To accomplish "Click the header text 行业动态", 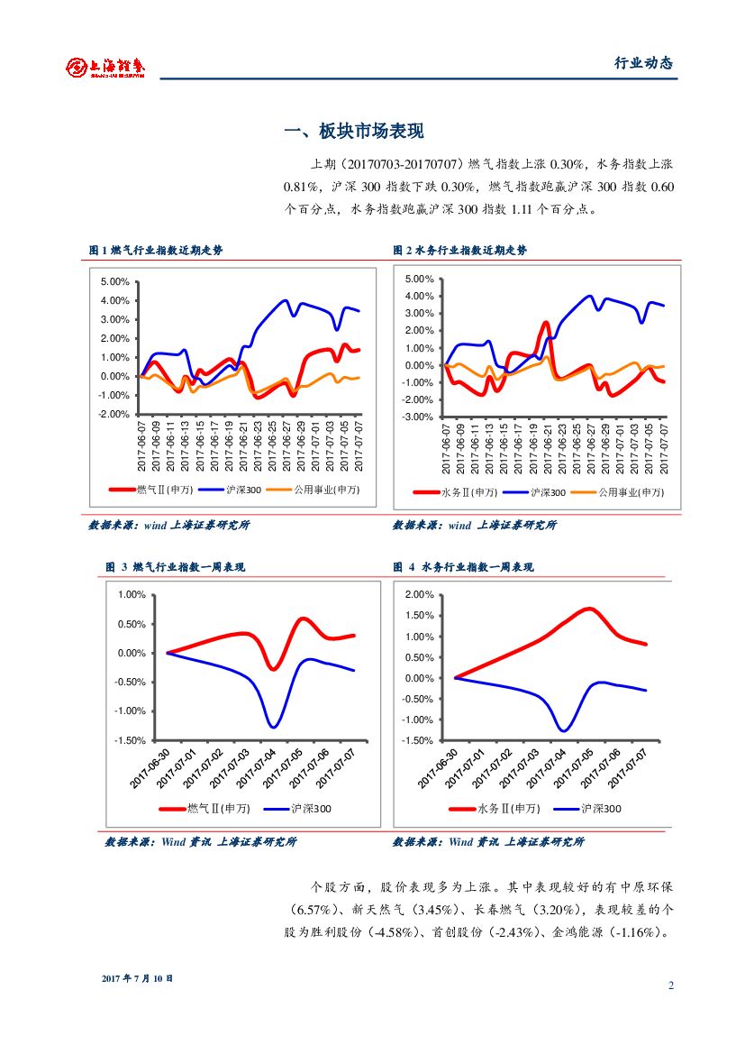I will [643, 63].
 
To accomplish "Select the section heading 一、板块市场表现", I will [354, 132].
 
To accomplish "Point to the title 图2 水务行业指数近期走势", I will [460, 251].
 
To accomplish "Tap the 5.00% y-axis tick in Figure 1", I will [115, 281].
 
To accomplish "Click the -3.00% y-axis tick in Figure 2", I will [420, 417].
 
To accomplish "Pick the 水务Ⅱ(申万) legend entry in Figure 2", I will [468, 492].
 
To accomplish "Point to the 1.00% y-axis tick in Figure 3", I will [132, 595].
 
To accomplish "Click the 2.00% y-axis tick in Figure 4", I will [420, 595].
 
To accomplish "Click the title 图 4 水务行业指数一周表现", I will [463, 567].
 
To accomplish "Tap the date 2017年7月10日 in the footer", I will [137, 978].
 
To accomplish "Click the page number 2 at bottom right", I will [671, 985].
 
